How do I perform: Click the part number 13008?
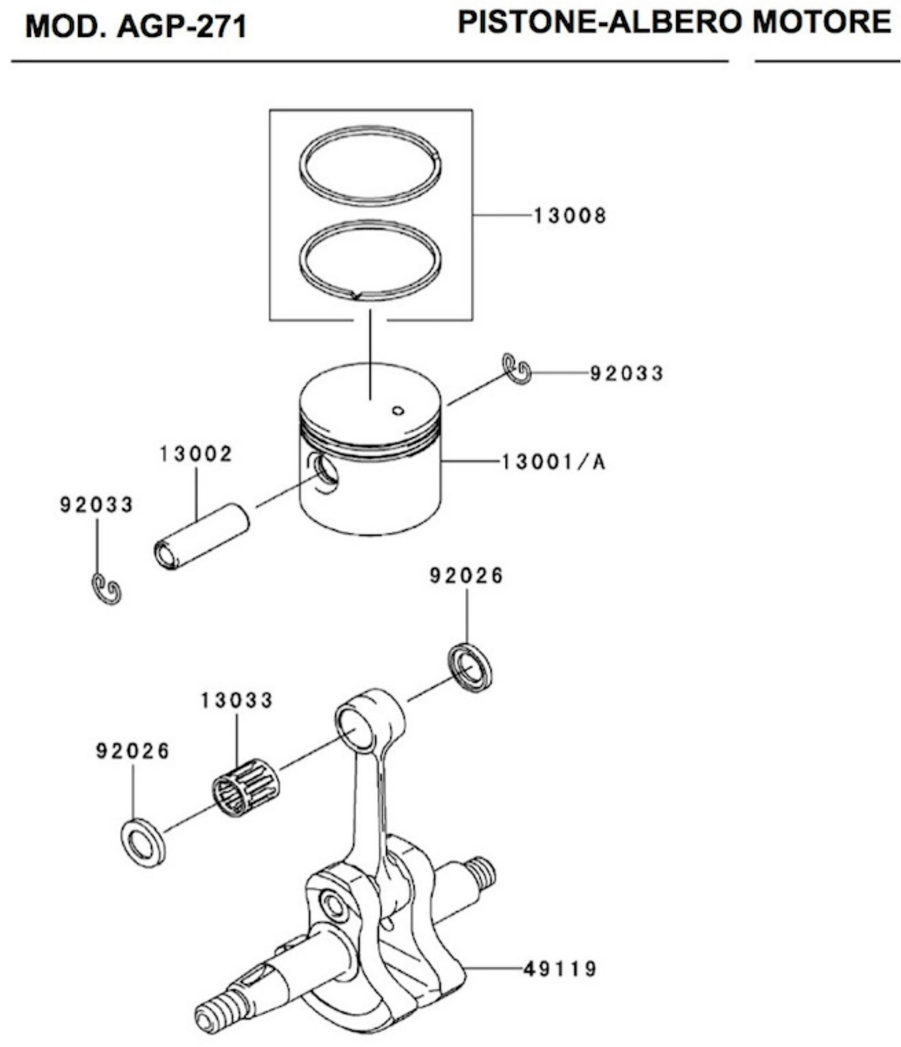pyautogui.click(x=570, y=216)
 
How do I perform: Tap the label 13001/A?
pyautogui.click(x=554, y=462)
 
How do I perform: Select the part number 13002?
pyautogui.click(x=196, y=454)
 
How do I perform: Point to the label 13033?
pyautogui.click(x=236, y=700)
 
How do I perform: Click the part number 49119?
pyautogui.click(x=560, y=969)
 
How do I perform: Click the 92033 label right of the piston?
pyautogui.click(x=626, y=373)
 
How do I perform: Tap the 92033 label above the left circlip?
pyautogui.click(x=97, y=504)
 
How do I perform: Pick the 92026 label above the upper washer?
pyautogui.click(x=466, y=576)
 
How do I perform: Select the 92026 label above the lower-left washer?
pyautogui.click(x=132, y=751)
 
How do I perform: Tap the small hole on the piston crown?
pyautogui.click(x=398, y=410)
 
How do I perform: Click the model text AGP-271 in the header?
pyautogui.click(x=182, y=27)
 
